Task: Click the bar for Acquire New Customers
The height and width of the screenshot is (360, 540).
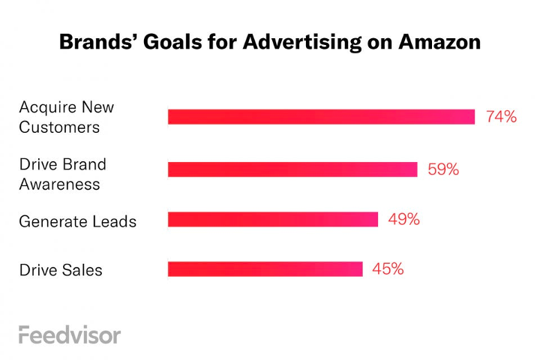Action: [x=321, y=117]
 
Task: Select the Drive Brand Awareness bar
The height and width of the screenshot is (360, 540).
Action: [x=292, y=169]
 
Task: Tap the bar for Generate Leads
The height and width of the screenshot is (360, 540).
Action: [x=273, y=219]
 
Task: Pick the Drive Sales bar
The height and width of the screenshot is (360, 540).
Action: [x=265, y=268]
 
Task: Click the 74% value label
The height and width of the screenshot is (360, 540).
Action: [x=501, y=117]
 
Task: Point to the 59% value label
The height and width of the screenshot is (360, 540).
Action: [x=442, y=169]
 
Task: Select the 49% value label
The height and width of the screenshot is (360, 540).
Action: [x=403, y=219]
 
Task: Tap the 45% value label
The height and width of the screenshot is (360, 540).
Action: [x=388, y=268]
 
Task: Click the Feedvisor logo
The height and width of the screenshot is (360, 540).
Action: [x=69, y=334]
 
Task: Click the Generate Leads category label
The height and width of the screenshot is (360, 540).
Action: [x=78, y=221]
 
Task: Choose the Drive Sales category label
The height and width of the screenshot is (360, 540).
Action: [x=61, y=269]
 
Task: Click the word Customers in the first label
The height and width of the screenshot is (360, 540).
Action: [x=59, y=127]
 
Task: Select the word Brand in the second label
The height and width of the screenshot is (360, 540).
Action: [x=83, y=163]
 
